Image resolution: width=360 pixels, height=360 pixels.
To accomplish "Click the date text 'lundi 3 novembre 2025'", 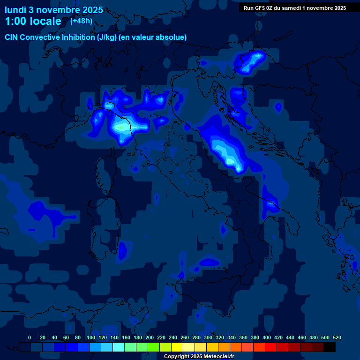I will click(x=54, y=10).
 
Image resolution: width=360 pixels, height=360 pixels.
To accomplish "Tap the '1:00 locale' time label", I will click(x=33, y=21).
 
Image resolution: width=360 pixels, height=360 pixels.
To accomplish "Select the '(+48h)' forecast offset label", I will click(x=81, y=21).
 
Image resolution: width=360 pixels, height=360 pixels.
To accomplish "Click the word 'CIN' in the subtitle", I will click(x=12, y=37).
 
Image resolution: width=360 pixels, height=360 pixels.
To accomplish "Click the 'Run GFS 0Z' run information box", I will click(x=295, y=7).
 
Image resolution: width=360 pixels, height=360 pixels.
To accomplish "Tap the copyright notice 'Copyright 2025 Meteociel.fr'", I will click(x=199, y=356).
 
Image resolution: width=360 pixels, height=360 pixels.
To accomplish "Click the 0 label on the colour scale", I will click(x=30, y=337).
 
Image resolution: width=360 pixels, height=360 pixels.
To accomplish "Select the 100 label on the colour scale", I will click(x=90, y=337).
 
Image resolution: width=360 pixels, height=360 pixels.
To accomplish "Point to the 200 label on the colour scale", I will click(x=149, y=337).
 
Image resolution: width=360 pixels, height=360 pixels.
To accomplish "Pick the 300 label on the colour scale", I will click(x=208, y=337).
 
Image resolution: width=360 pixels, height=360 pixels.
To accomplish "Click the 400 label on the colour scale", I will click(x=266, y=337).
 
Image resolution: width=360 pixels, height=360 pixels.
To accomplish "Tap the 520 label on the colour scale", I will click(x=336, y=337).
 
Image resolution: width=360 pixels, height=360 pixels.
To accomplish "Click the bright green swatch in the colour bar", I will click(x=154, y=347).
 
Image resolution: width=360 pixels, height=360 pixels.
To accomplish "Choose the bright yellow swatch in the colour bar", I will click(x=177, y=347).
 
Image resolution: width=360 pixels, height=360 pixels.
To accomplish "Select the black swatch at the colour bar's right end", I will click(x=330, y=347).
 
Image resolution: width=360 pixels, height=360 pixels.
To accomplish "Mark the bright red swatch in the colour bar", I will click(x=271, y=347).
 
